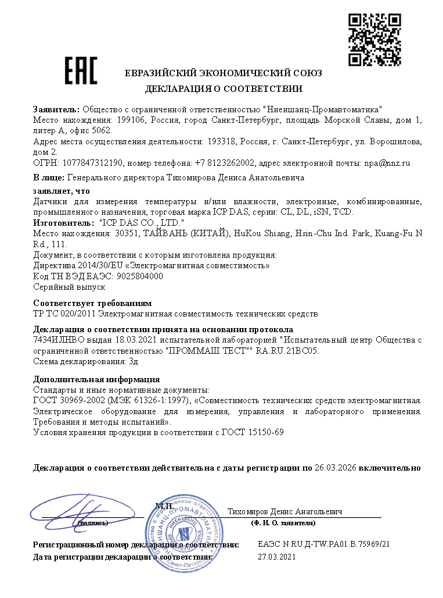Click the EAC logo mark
(81, 70)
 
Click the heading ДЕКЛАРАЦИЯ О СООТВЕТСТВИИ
(224, 89)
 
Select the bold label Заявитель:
(57, 109)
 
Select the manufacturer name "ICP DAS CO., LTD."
(142, 223)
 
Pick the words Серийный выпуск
(69, 287)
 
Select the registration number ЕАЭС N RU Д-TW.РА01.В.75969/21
(323, 544)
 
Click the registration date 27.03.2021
(276, 557)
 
